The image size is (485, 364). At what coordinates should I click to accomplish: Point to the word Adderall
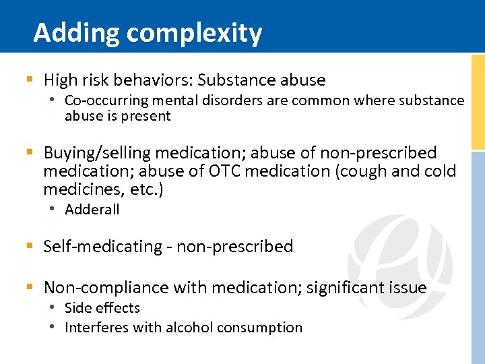(x=92, y=210)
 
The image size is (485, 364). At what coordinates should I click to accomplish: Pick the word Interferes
(x=93, y=328)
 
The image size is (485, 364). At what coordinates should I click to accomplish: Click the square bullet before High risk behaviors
(x=29, y=80)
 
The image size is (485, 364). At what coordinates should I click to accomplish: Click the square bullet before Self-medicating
(x=29, y=247)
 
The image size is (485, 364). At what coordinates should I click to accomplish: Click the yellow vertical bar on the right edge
(x=478, y=101)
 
